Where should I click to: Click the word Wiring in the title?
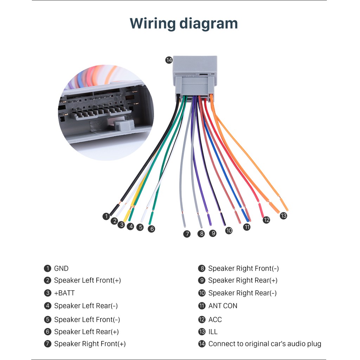tap(153, 24)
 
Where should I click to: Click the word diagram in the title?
tap(208, 24)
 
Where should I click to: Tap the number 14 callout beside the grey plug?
tap(169, 60)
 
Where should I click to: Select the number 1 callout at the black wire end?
tap(106, 216)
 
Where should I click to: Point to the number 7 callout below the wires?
tap(187, 234)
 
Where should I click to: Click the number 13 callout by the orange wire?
tap(283, 216)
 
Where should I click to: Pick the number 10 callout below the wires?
tap(229, 231)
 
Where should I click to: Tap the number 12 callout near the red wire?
tap(266, 220)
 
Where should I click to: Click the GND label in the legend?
tap(61, 268)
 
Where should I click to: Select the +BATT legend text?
tap(64, 293)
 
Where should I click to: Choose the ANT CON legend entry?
tap(223, 306)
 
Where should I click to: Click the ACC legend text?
tap(215, 320)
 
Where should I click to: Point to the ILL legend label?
tap(213, 332)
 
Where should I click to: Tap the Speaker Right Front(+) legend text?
tap(90, 344)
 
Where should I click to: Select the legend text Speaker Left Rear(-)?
tap(86, 306)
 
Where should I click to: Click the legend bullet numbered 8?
tap(201, 268)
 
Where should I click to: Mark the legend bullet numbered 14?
tap(202, 344)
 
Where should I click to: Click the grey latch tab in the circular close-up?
tap(124, 125)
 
